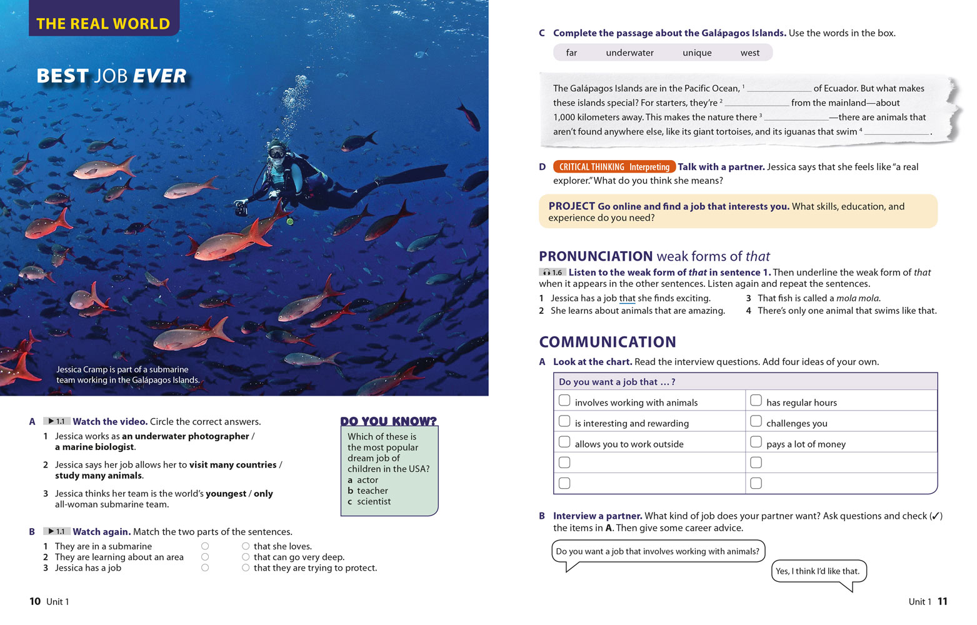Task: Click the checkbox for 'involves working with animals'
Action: tap(564, 401)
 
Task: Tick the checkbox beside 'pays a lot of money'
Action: tap(756, 442)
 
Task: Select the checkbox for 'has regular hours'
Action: tap(756, 401)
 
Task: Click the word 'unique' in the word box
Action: tap(697, 53)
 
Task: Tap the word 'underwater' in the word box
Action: tap(629, 53)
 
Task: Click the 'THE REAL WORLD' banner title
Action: tap(103, 24)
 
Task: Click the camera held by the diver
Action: tap(241, 209)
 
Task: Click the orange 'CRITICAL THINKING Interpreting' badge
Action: tap(614, 167)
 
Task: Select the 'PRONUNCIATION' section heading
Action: tap(596, 256)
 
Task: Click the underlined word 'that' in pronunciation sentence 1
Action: tap(627, 299)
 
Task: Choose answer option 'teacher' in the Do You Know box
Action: tap(372, 491)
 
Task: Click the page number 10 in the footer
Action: tap(35, 601)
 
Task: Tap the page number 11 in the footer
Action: tap(943, 601)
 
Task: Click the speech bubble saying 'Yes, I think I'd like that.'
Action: tap(818, 571)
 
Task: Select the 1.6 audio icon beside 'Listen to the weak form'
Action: tap(553, 272)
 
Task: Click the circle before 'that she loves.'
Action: tap(246, 546)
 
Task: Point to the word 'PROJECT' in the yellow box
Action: tap(571, 206)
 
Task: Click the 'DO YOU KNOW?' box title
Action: tap(388, 421)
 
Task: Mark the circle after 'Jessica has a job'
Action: tap(205, 567)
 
